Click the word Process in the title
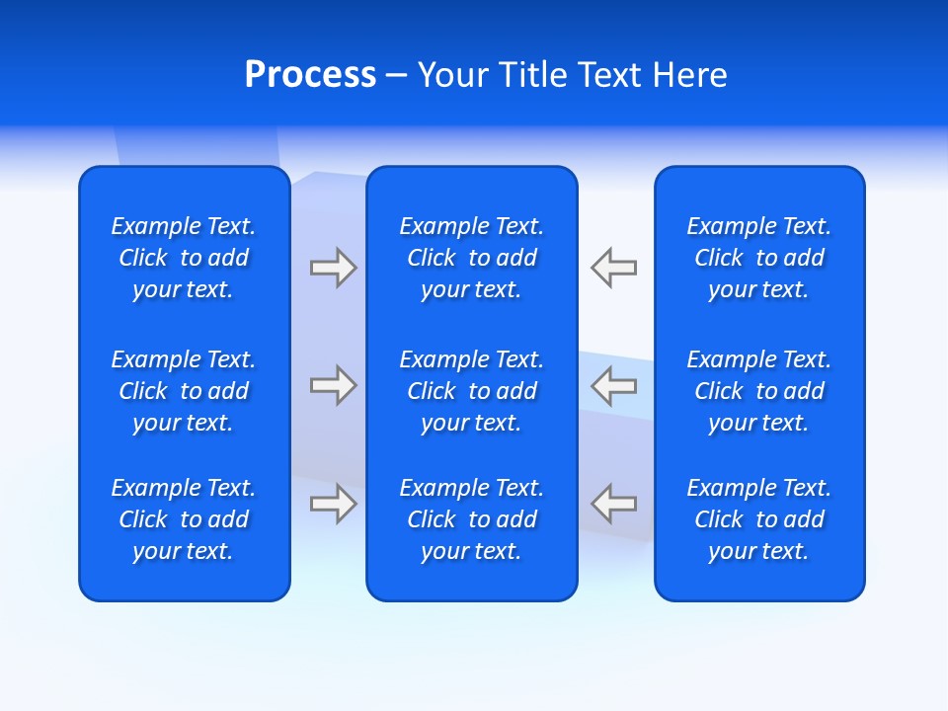tap(310, 75)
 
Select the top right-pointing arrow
tap(333, 268)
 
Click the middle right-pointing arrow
tap(333, 385)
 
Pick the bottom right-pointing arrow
tap(333, 503)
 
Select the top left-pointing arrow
tap(614, 268)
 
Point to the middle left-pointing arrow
tap(614, 385)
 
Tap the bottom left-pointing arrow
tap(614, 503)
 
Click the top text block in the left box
tap(184, 258)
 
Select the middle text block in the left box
tap(184, 391)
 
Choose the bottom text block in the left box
tap(184, 519)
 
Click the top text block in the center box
tap(472, 258)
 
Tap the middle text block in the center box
tap(472, 391)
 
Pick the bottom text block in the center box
tap(472, 519)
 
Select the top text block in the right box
tap(759, 258)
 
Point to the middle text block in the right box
tap(759, 391)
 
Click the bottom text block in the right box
tap(759, 519)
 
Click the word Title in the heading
tap(535, 75)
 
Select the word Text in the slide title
tap(609, 75)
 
